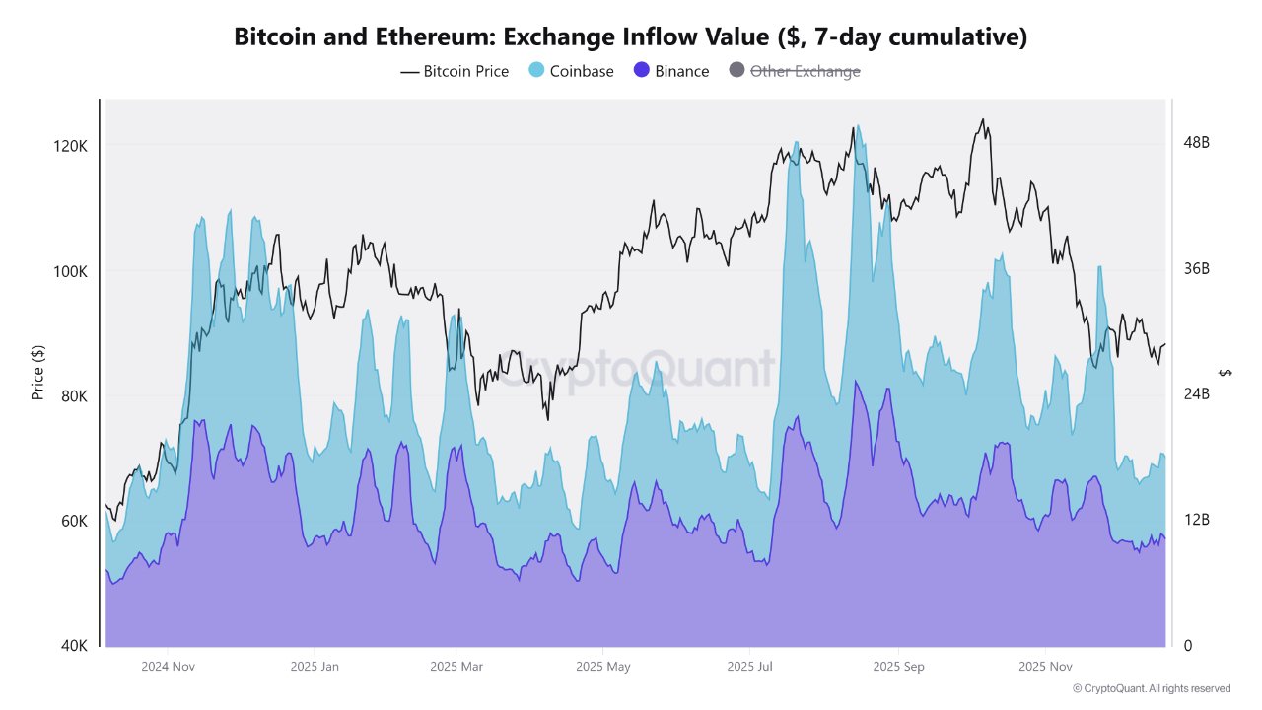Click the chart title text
(x=630, y=37)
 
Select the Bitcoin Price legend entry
(x=455, y=71)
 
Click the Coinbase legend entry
(x=572, y=71)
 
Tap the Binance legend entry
(x=671, y=71)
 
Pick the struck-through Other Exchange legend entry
(x=794, y=71)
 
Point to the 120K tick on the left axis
(x=71, y=146)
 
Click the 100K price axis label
(x=71, y=271)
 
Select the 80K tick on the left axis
(x=74, y=396)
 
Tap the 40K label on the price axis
(x=74, y=646)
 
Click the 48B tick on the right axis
(x=1196, y=143)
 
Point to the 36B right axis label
(x=1196, y=268)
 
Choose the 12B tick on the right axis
(x=1196, y=520)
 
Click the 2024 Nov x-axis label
(x=168, y=667)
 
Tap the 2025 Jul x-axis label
(x=750, y=667)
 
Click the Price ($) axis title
(x=37, y=373)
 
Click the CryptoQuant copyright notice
(x=1151, y=688)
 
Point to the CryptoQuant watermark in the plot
(x=635, y=369)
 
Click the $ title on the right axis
(x=1226, y=373)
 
